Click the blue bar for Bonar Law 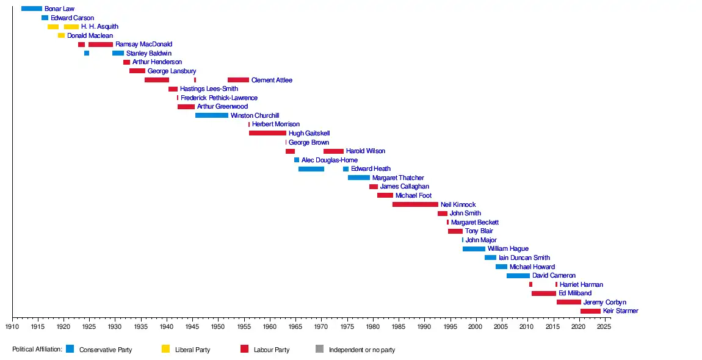tap(32, 9)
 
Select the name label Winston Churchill tap(255, 115)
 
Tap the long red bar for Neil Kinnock tap(415, 204)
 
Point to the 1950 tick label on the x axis tap(218, 326)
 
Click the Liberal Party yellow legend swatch tap(165, 349)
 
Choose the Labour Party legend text tap(272, 350)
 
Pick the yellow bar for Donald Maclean tap(61, 35)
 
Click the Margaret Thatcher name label tap(398, 178)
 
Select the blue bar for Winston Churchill tap(212, 115)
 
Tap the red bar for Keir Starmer tap(590, 311)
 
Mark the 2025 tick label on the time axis tap(604, 326)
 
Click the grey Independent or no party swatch tap(319, 349)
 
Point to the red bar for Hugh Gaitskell tap(267, 133)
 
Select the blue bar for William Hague tap(474, 249)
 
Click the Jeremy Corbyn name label tap(604, 302)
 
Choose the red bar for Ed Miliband tap(544, 293)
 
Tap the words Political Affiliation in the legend tap(37, 350)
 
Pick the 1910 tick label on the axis tap(12, 326)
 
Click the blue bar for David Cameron tap(518, 276)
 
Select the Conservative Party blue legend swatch tap(70, 349)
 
